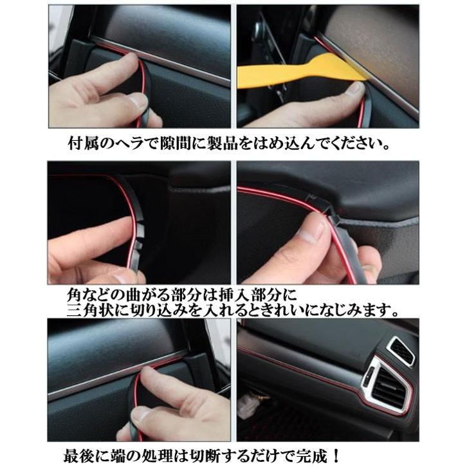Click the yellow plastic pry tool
(x=289, y=73)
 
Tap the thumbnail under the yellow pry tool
(x=353, y=89)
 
